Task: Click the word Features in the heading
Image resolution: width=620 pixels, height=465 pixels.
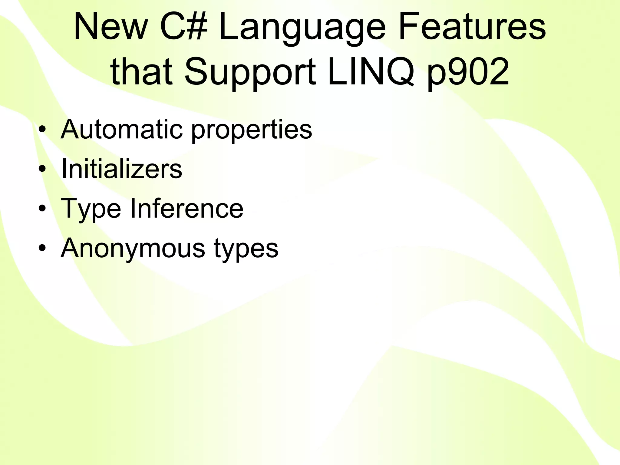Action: click(472, 27)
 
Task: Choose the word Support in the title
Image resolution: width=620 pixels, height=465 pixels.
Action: click(250, 74)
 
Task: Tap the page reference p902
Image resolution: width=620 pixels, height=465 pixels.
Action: click(468, 74)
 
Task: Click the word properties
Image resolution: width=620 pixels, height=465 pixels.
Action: click(252, 131)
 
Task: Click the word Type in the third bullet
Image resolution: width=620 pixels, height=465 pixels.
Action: click(91, 209)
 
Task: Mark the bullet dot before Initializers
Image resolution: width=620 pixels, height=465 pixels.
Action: click(42, 169)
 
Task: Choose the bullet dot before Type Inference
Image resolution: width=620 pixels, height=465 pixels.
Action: click(42, 209)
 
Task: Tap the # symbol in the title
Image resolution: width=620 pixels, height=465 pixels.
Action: click(197, 27)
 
